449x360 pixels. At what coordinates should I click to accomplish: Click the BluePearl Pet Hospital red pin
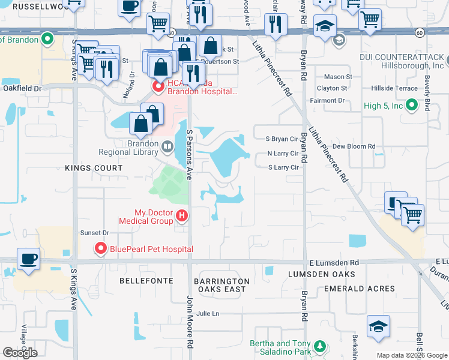point(100,248)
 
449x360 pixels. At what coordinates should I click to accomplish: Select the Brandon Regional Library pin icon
point(167,145)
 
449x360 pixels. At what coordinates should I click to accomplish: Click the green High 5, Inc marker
point(411,106)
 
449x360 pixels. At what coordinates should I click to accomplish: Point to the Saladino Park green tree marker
point(321,346)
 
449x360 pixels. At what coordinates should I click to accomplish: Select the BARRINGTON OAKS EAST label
point(221,285)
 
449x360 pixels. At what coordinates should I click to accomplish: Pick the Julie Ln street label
point(208,313)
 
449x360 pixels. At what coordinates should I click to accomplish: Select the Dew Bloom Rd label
point(354,146)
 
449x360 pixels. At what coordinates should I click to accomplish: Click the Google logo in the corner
point(20,353)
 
